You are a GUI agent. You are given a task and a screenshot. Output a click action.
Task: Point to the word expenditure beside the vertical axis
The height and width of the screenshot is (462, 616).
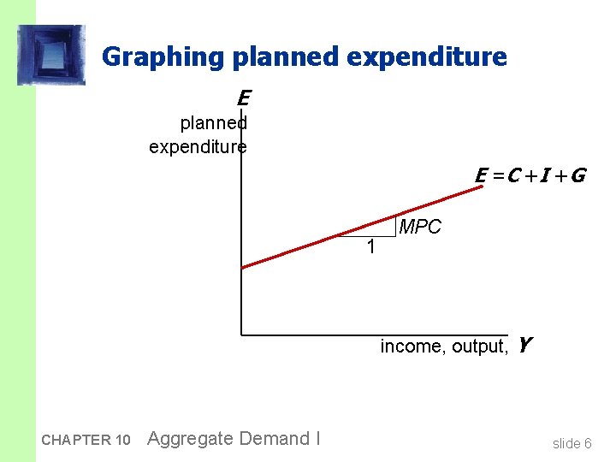pyautogui.click(x=198, y=146)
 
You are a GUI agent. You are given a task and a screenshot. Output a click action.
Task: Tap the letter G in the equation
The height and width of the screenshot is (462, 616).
pyautogui.click(x=577, y=175)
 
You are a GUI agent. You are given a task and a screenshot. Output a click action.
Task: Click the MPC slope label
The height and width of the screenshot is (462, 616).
pyautogui.click(x=420, y=228)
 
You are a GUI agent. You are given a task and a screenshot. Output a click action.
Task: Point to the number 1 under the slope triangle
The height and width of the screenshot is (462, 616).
pyautogui.click(x=370, y=248)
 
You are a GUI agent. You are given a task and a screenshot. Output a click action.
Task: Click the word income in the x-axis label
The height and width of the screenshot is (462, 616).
pyautogui.click(x=408, y=346)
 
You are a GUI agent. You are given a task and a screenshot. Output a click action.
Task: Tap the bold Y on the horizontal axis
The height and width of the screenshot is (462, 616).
pyautogui.click(x=524, y=346)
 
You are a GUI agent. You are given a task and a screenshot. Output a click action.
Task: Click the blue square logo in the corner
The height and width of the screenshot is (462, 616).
pyautogui.click(x=52, y=56)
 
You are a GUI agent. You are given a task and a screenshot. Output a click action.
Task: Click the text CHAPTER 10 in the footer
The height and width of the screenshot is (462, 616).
pyautogui.click(x=86, y=440)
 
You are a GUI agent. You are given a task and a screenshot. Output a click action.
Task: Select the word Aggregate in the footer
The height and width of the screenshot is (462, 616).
pyautogui.click(x=190, y=439)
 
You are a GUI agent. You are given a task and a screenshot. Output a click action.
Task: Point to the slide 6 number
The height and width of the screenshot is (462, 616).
pyautogui.click(x=572, y=442)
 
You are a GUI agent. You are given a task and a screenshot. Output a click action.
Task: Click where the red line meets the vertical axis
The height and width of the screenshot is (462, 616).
pyautogui.click(x=242, y=268)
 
